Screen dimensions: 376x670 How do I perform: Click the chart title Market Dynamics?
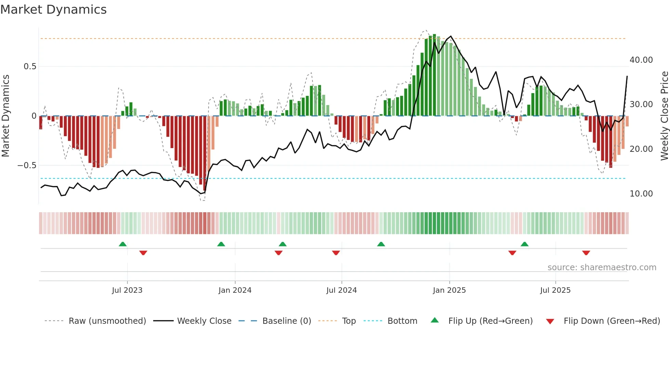(x=53, y=10)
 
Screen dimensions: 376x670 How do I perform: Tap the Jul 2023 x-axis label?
(x=127, y=290)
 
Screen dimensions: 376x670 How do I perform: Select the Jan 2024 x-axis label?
(x=235, y=290)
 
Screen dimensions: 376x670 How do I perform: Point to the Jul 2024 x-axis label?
(x=341, y=290)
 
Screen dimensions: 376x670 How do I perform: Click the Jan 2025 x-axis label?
(x=449, y=290)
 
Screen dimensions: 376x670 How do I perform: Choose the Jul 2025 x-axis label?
(x=555, y=290)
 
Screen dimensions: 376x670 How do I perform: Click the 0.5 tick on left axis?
(x=30, y=67)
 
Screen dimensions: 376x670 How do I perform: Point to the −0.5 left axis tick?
(x=27, y=165)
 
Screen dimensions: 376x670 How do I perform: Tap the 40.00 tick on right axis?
(x=641, y=60)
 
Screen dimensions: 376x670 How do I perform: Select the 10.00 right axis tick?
(x=641, y=194)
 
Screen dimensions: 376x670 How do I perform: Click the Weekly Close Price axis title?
(x=664, y=116)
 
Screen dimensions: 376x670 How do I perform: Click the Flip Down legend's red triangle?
(x=550, y=321)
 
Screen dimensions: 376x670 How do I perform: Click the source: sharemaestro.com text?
(x=602, y=267)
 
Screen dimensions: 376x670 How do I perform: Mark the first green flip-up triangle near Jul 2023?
(x=123, y=244)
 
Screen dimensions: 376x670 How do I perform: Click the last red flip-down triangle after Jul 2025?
(x=586, y=253)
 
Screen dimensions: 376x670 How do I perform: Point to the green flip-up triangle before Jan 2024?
(x=221, y=244)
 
